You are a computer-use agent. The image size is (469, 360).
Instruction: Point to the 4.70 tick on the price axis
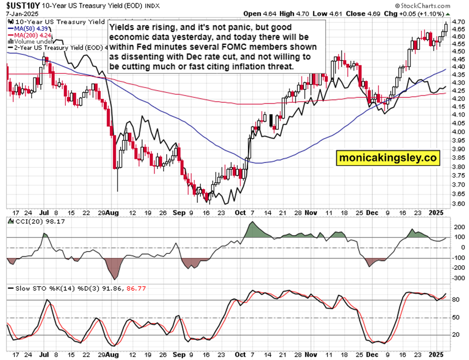[x=459, y=22]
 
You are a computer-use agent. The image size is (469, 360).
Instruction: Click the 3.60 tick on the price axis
[x=459, y=204]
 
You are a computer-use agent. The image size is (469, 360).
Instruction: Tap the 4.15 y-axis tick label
[x=459, y=107]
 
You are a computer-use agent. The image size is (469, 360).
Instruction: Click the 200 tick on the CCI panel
[x=458, y=226]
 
